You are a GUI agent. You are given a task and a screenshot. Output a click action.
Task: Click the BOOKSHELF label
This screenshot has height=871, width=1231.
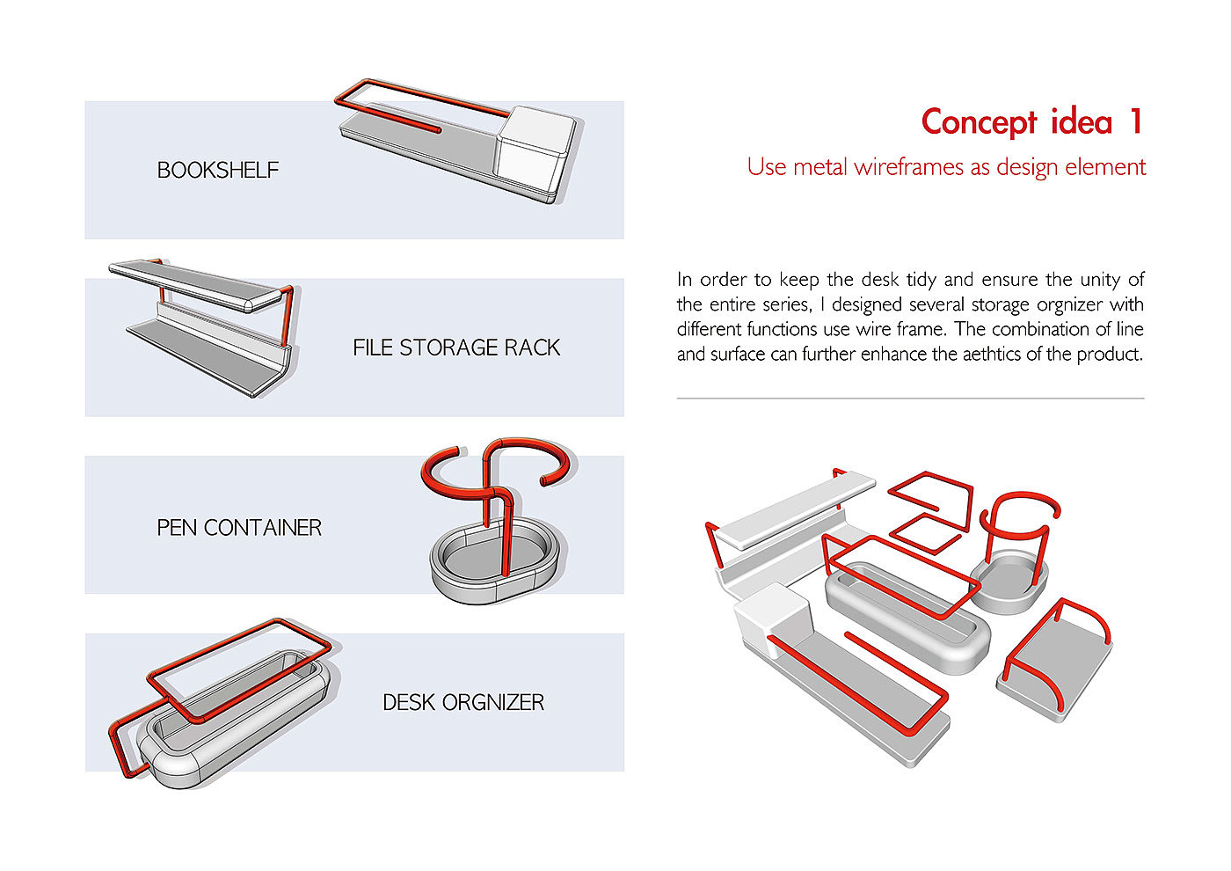[x=217, y=170]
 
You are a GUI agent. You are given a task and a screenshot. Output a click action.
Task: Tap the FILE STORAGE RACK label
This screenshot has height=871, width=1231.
[x=455, y=348]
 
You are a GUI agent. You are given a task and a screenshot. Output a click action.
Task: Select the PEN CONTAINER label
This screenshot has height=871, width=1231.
[x=238, y=527]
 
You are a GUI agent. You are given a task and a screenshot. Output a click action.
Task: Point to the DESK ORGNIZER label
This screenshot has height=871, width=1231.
[x=463, y=702]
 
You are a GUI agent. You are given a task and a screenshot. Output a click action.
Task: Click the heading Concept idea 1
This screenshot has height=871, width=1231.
[x=1031, y=121]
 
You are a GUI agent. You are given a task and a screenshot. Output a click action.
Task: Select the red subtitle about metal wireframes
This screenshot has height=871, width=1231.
[x=946, y=166]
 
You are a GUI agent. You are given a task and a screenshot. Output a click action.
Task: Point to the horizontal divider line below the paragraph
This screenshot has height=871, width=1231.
[x=910, y=398]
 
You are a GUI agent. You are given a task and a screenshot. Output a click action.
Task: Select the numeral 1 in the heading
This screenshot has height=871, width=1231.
[x=1136, y=121]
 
